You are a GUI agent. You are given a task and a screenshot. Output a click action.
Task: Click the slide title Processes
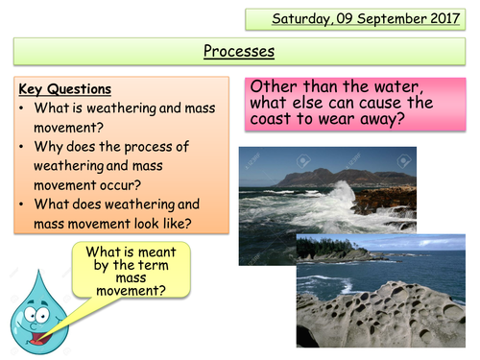pyautogui.click(x=240, y=50)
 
